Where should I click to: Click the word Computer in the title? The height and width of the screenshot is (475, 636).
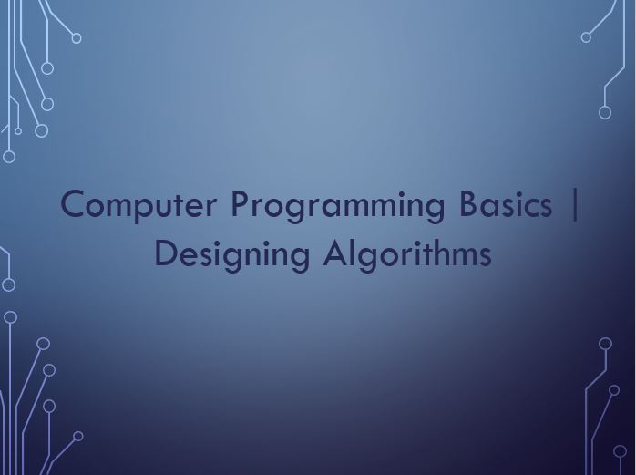(x=138, y=205)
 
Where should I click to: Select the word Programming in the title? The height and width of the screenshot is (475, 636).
(x=338, y=206)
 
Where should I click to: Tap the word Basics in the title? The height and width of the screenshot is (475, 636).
(x=506, y=204)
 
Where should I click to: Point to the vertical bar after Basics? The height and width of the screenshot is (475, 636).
(x=574, y=204)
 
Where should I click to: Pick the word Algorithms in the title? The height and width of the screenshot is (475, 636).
(x=407, y=254)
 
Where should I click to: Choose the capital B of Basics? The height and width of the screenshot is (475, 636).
(x=468, y=203)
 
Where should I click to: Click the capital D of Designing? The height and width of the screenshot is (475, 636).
(x=167, y=253)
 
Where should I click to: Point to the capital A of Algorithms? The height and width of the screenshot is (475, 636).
(x=336, y=253)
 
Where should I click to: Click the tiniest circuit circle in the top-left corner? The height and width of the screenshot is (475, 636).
(x=18, y=130)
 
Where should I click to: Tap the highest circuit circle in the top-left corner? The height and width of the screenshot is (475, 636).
(x=77, y=38)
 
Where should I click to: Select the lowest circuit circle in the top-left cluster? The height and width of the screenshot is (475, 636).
(x=9, y=157)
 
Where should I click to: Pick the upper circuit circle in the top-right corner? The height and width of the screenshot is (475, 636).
(x=586, y=37)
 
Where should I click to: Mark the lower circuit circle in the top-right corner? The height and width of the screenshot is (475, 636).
(x=605, y=112)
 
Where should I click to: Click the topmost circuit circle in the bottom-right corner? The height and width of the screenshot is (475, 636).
(x=605, y=344)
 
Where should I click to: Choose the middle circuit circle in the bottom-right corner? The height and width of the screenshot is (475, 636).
(x=614, y=390)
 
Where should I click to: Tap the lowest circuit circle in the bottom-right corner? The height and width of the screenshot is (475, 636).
(x=620, y=451)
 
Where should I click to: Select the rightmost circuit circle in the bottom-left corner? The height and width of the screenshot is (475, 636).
(x=78, y=436)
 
